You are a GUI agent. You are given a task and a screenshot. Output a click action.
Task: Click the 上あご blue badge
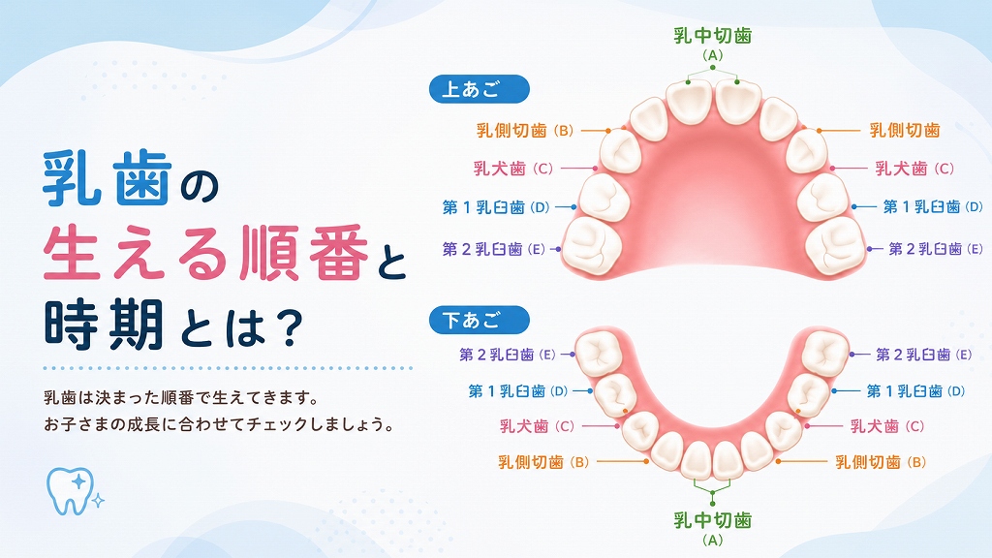click(x=479, y=89)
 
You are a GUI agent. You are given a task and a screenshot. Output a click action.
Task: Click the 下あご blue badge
click(x=479, y=320)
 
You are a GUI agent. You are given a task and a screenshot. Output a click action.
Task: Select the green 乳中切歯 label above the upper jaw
click(x=712, y=36)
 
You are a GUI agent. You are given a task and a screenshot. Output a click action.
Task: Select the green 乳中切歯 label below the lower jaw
click(x=712, y=520)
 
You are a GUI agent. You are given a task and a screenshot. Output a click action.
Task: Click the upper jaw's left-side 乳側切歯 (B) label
click(x=524, y=131)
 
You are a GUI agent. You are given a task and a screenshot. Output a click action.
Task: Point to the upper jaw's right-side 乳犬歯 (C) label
click(x=914, y=169)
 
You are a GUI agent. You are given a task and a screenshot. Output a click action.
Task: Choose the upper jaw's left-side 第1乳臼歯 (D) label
click(x=496, y=207)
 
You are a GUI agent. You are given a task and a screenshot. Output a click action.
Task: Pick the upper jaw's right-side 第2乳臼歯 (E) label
click(x=936, y=249)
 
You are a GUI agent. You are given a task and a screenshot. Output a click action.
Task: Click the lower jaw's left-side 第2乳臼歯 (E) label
click(x=508, y=355)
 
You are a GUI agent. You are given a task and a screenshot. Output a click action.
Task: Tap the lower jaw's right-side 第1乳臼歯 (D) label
click(x=915, y=391)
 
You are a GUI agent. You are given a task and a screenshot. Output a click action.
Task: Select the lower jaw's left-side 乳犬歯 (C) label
click(x=537, y=426)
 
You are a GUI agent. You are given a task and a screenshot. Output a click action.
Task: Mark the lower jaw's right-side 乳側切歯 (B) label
click(x=881, y=462)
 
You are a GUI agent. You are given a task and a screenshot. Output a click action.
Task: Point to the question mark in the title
click(x=291, y=327)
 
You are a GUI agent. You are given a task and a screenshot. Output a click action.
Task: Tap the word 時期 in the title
click(x=105, y=325)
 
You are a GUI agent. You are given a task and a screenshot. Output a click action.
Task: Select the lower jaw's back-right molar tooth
click(x=824, y=353)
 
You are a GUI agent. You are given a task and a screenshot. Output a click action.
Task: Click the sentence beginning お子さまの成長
click(x=219, y=424)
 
